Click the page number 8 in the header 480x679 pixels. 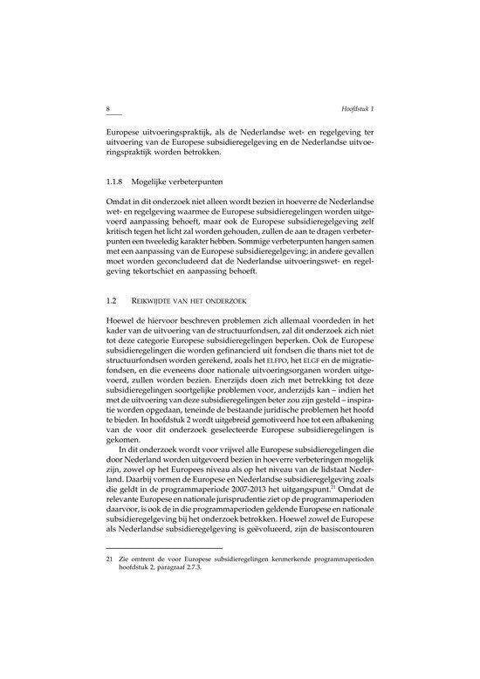coord(106,108)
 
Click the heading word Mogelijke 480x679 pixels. coord(161,185)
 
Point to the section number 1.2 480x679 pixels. coord(109,301)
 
